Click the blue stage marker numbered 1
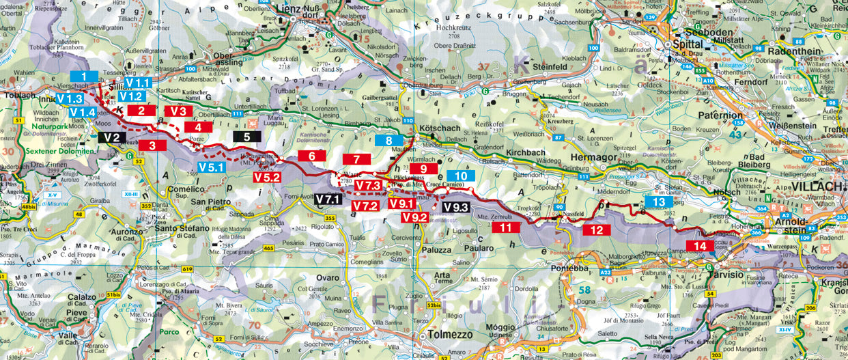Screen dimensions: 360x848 pyautogui.click(x=84, y=77)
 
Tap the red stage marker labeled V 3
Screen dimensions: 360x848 pyautogui.click(x=178, y=111)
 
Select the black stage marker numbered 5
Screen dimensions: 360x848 pyautogui.click(x=246, y=136)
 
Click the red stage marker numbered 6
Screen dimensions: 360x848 pyautogui.click(x=312, y=156)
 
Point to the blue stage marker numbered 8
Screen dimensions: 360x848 pyautogui.click(x=388, y=141)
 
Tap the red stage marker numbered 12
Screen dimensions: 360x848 pyautogui.click(x=597, y=230)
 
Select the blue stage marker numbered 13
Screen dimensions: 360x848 pyautogui.click(x=658, y=202)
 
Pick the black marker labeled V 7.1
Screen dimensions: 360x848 pyautogui.click(x=328, y=199)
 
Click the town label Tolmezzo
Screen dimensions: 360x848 pyautogui.click(x=445, y=335)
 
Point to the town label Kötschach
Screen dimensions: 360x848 pyautogui.click(x=441, y=128)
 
